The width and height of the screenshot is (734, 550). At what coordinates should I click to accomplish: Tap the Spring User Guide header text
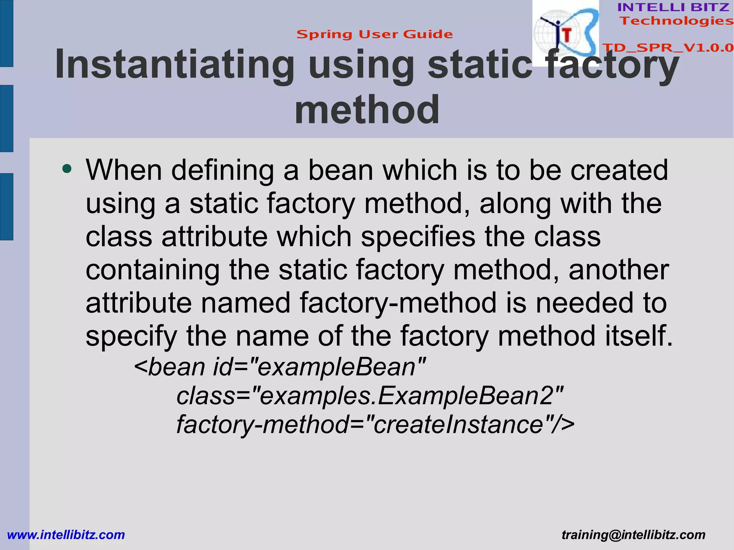pos(375,34)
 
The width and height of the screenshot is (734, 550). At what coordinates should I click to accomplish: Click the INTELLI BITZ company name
pos(673,7)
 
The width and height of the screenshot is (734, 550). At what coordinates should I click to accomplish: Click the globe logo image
pos(565,33)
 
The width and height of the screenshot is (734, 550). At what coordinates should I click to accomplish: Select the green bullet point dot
pos(67,168)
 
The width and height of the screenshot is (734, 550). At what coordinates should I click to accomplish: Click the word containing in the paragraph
pos(153,270)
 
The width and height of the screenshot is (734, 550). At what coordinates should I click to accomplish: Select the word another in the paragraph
pos(618,270)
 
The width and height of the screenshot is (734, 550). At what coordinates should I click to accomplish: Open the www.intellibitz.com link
pos(66,535)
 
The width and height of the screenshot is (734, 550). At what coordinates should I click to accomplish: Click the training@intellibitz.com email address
pos(633,535)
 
